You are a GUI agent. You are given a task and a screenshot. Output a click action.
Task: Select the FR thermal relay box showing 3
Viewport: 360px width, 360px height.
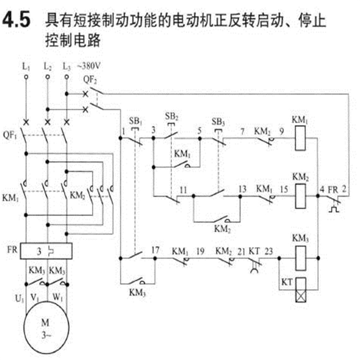point(47,251)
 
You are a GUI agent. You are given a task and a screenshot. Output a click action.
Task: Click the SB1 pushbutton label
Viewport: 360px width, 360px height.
point(135,120)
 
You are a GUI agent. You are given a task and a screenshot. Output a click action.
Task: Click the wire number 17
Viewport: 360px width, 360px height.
point(156,250)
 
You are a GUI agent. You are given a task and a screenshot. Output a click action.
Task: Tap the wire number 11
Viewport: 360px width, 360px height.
point(183,190)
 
